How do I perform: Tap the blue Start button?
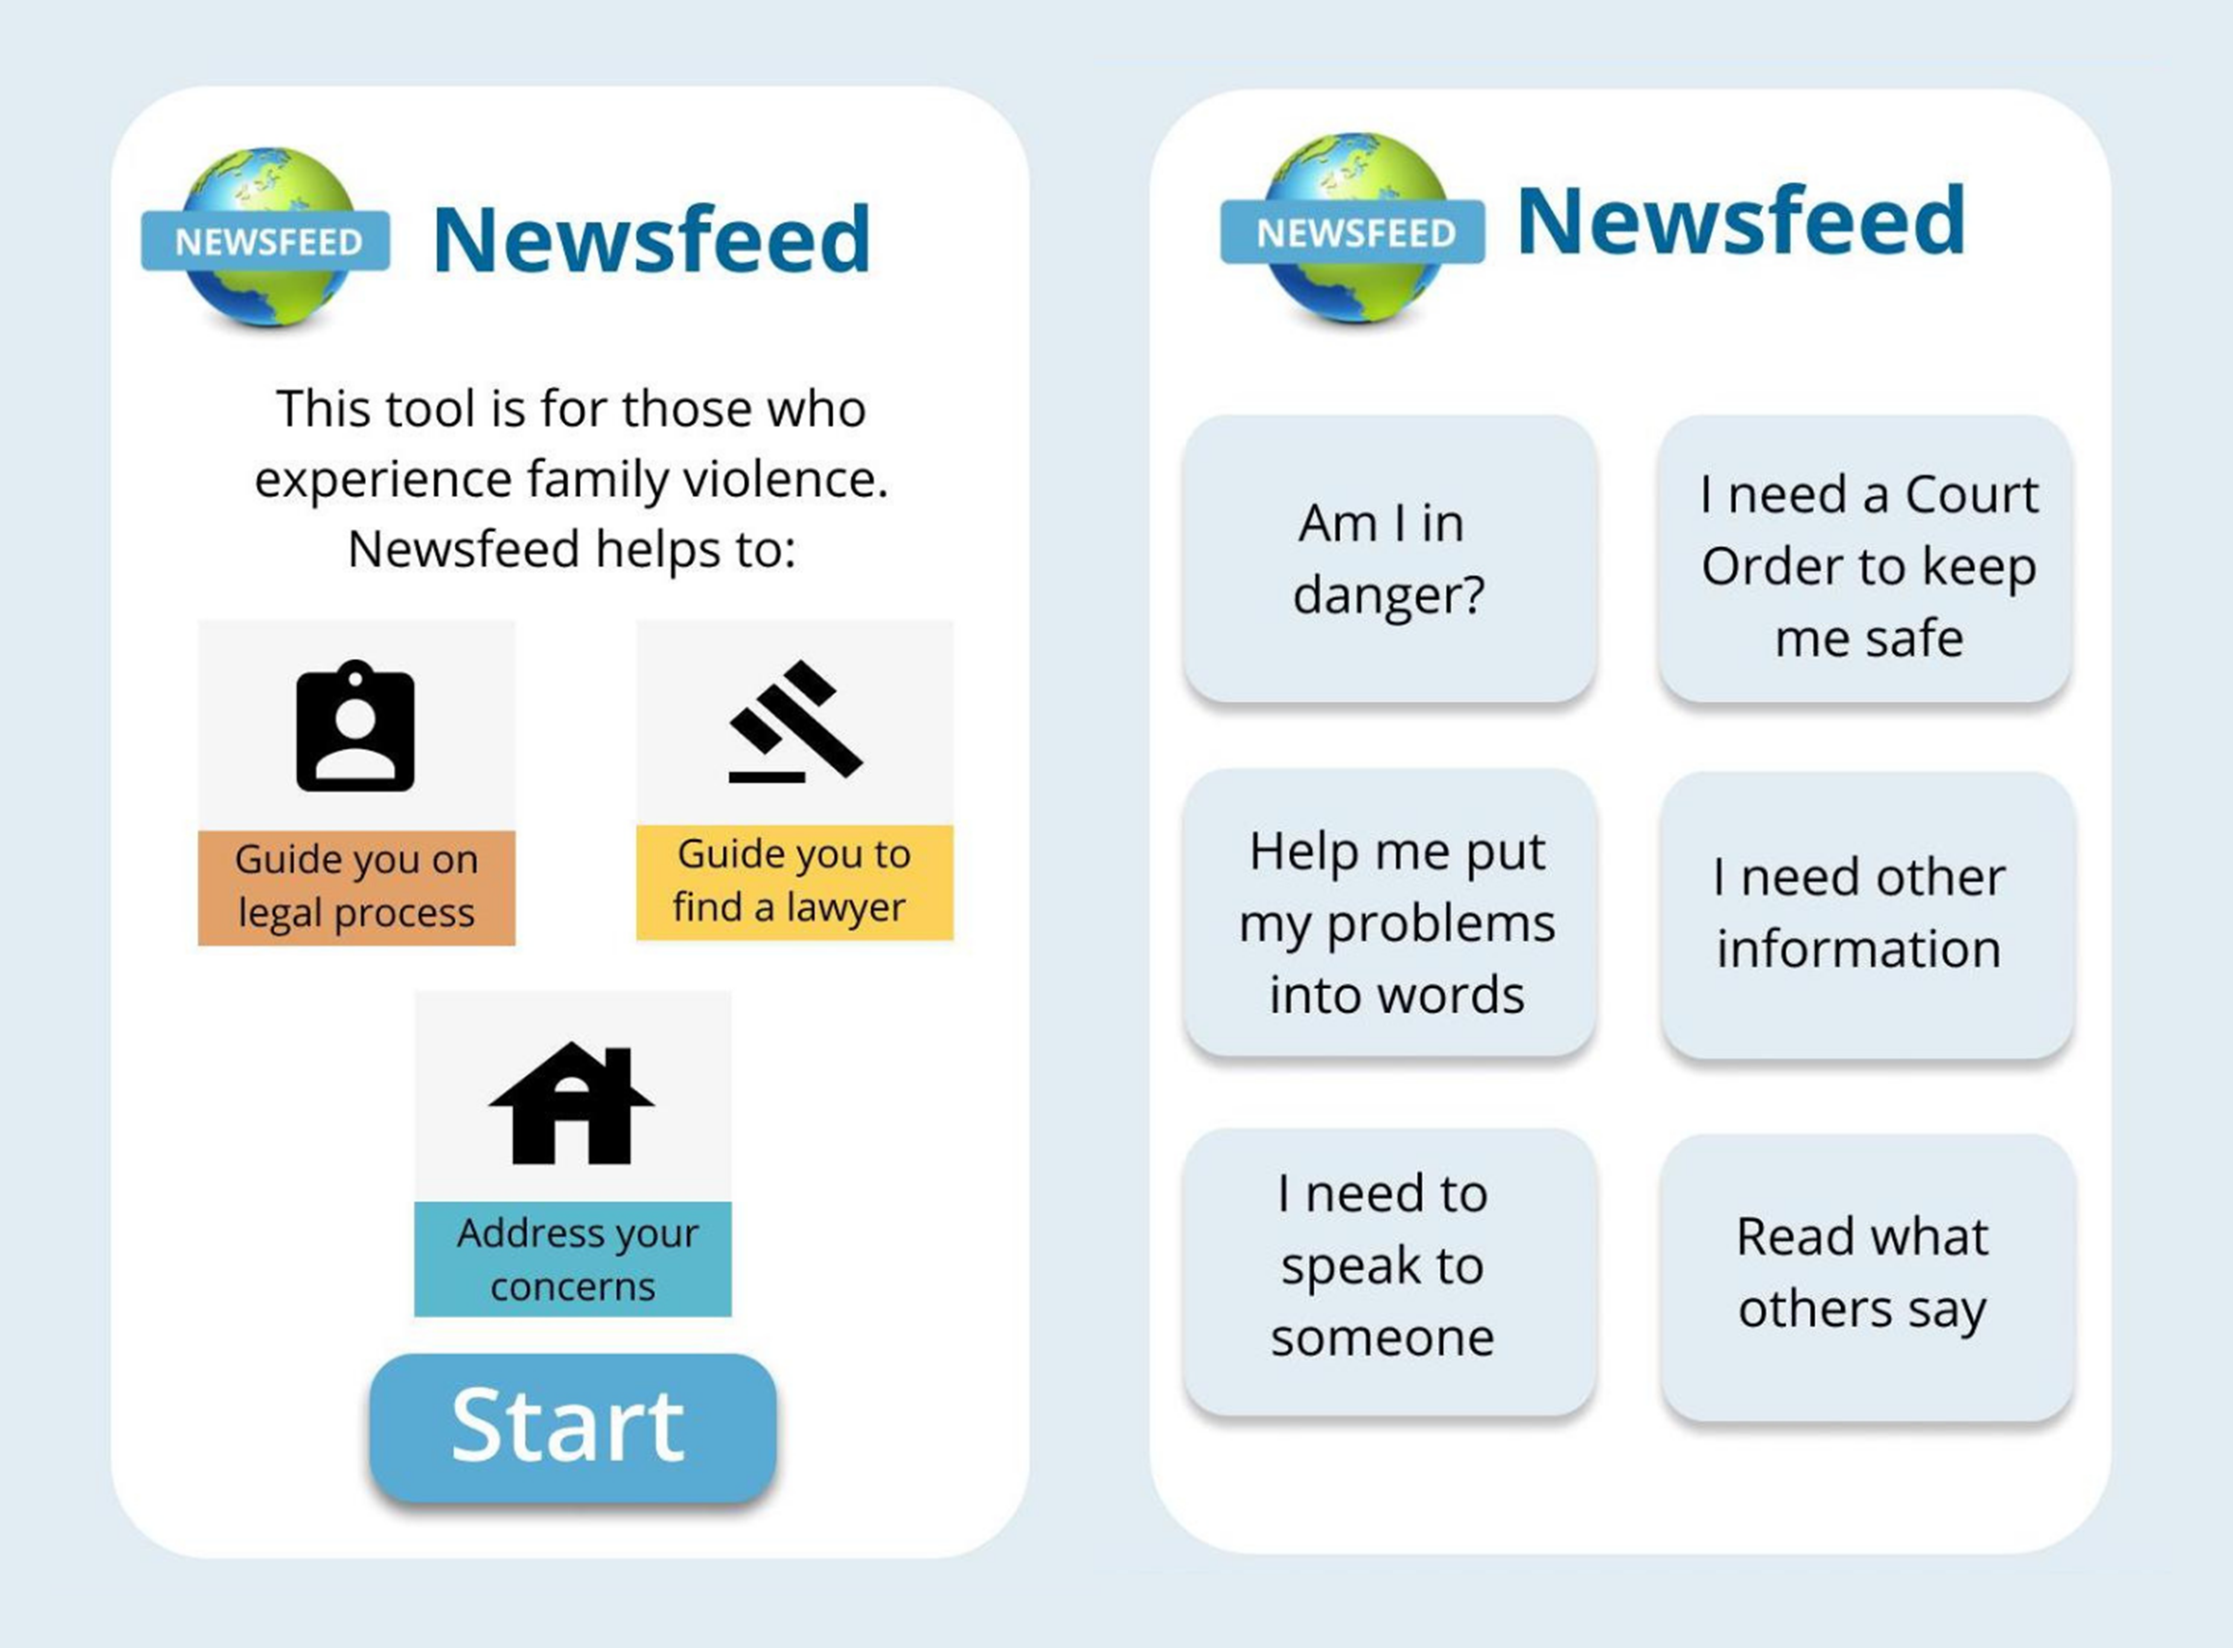pos(572,1427)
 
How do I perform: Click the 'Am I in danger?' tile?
pos(1389,559)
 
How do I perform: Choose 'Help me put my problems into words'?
pos(1389,912)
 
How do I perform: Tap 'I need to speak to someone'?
pos(1389,1272)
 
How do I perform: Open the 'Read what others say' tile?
pos(1868,1277)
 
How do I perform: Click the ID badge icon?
pos(356,725)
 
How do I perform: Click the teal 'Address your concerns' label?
pos(572,1259)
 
